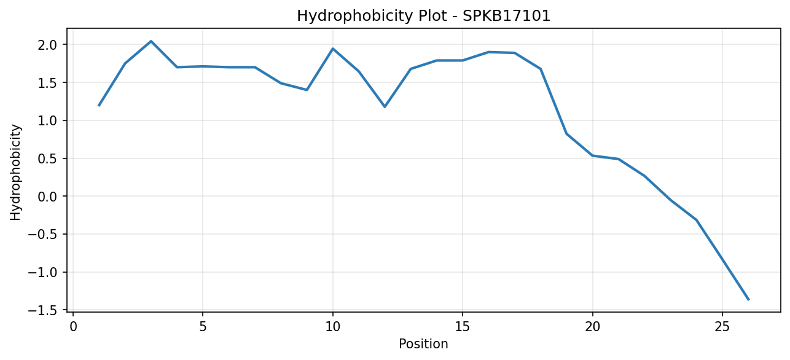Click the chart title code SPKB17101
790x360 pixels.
506,16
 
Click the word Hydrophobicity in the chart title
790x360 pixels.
354,17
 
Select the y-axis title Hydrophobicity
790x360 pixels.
15,173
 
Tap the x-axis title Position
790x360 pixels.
423,344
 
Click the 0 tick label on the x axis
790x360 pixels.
73,327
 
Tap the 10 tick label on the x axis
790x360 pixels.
332,327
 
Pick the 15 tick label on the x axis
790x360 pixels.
463,327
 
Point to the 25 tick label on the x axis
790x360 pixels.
722,327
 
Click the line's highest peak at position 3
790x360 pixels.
151,41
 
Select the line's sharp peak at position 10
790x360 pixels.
332,49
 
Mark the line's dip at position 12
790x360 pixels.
385,106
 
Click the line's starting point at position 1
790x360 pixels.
99,106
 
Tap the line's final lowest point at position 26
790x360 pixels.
748,300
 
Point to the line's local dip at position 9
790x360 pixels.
307,90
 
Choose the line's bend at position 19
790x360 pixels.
566,134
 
